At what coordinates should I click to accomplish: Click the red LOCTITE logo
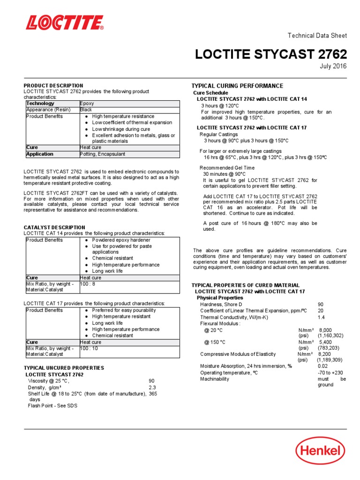[x=64, y=22]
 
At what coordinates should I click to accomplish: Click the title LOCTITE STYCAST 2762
[x=271, y=54]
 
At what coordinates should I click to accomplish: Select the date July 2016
[x=333, y=66]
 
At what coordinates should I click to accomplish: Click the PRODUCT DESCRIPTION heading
[x=53, y=86]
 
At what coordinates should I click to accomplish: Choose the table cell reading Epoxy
[x=87, y=103]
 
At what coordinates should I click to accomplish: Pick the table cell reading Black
[x=86, y=110]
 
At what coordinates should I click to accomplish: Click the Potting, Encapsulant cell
[x=103, y=154]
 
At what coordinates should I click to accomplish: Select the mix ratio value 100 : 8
[x=88, y=284]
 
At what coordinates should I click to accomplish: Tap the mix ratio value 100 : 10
[x=90, y=348]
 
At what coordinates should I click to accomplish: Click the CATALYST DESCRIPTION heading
[x=54, y=227]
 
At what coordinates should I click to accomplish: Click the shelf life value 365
[x=153, y=394]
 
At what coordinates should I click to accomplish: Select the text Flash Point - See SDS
[x=52, y=405]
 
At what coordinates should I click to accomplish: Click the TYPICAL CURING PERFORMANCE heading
[x=237, y=86]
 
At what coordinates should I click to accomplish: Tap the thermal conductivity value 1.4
[x=321, y=317]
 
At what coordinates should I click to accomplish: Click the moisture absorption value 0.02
[x=322, y=366]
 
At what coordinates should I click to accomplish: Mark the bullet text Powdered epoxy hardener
[x=121, y=240]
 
